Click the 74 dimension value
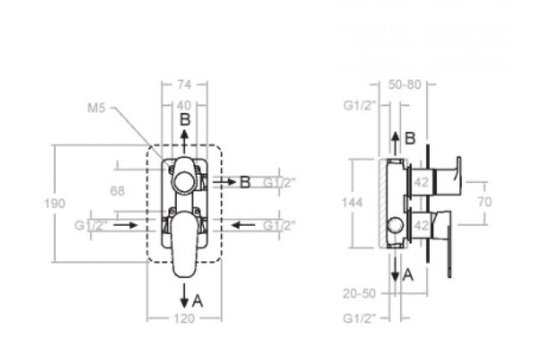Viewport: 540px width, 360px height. [x=184, y=85]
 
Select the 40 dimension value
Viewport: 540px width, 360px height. [x=184, y=106]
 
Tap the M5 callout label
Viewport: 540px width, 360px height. [x=96, y=108]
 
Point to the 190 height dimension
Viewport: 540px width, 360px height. [x=55, y=203]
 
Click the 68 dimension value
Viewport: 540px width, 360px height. [x=117, y=191]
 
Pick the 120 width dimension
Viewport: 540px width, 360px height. [x=184, y=319]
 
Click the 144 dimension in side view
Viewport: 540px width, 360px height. [x=352, y=202]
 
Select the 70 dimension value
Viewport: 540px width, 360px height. [x=485, y=202]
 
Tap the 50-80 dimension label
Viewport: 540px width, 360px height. [x=405, y=85]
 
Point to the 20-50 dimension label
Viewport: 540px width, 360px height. [x=359, y=293]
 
